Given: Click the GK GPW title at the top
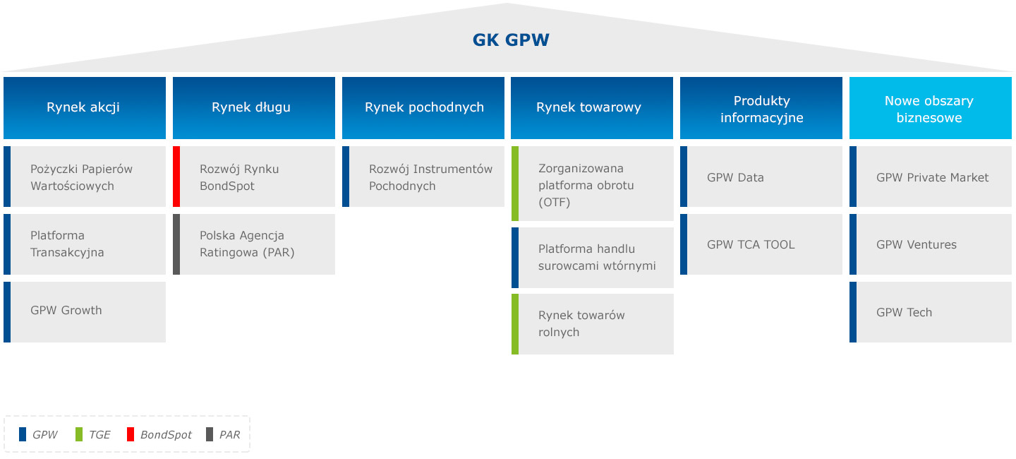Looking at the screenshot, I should point(511,40).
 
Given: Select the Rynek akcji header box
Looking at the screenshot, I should point(85,107).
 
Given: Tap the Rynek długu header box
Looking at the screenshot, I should point(254,107).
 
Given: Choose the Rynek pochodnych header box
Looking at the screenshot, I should point(423,107).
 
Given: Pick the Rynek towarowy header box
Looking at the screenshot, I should point(591,107).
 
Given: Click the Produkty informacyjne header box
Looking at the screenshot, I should point(761,109).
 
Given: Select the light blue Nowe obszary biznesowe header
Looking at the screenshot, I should point(930,109).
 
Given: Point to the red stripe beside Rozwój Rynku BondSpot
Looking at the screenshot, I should point(176,177).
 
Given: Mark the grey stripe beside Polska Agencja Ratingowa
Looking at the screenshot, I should point(176,244).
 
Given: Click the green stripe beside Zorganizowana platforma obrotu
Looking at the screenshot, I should point(515,184).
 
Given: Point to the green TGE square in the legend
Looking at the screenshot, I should point(78,434).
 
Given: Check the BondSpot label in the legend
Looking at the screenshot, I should point(166,435).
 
